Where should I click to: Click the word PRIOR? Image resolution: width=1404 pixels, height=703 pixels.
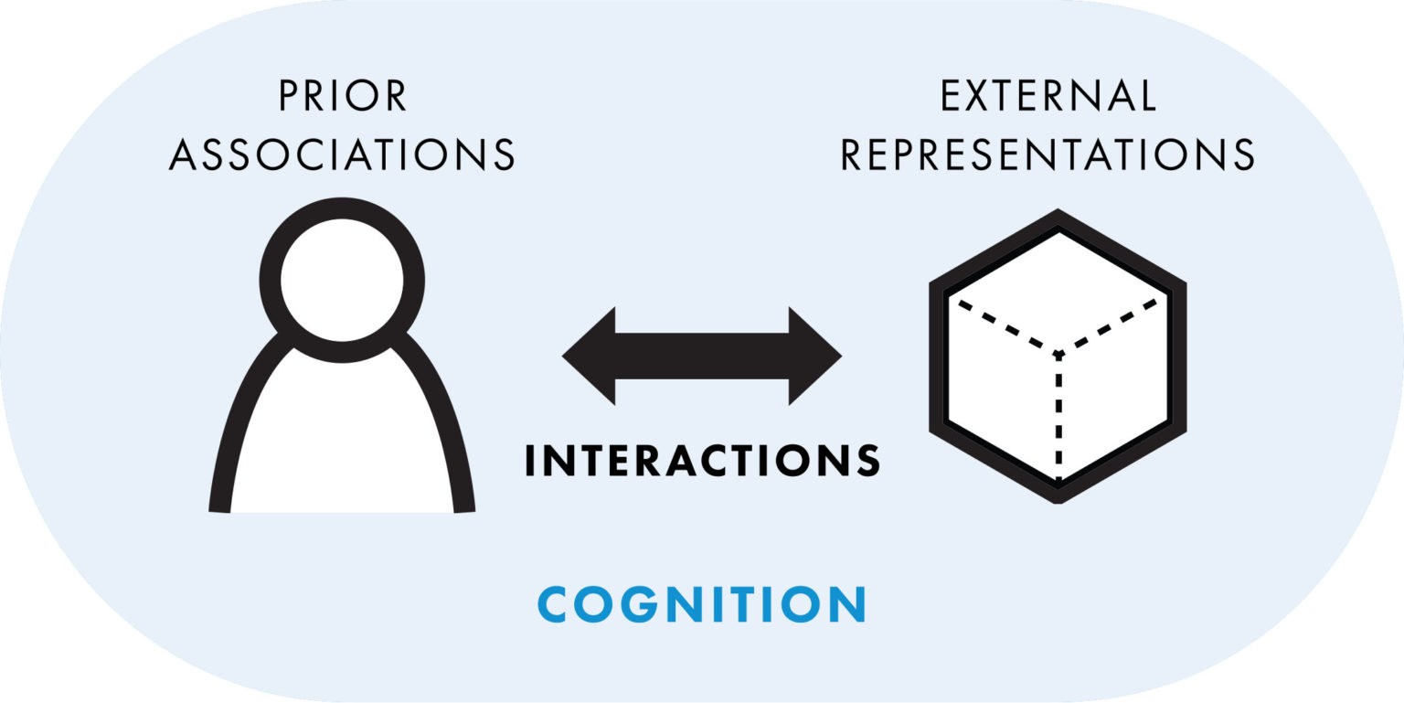tap(343, 97)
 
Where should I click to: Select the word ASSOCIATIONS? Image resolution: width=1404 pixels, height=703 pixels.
tap(343, 154)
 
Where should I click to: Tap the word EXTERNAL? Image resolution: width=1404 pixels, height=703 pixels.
tap(1048, 97)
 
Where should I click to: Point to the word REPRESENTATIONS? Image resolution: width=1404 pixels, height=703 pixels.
tap(1048, 154)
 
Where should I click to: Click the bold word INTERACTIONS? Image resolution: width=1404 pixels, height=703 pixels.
tap(702, 461)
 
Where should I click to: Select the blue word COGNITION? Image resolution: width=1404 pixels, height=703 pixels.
tap(702, 604)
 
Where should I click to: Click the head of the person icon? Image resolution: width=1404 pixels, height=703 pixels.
tap(342, 280)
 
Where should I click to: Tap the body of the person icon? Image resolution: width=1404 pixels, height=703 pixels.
tap(342, 439)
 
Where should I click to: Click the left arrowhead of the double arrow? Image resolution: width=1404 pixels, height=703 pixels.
tap(590, 356)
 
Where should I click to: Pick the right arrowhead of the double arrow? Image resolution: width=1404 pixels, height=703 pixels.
tap(814, 356)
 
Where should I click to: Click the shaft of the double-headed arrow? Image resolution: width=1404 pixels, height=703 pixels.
tap(702, 356)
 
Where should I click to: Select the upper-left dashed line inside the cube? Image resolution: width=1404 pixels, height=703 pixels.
tap(1005, 325)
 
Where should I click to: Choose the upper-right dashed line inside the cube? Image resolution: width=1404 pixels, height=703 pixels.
tap(1111, 325)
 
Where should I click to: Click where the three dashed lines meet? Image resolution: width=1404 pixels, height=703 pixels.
tap(1058, 353)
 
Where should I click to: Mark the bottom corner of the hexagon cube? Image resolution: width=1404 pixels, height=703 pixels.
tap(1058, 495)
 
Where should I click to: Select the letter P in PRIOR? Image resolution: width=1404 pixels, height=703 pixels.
tap(289, 97)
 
